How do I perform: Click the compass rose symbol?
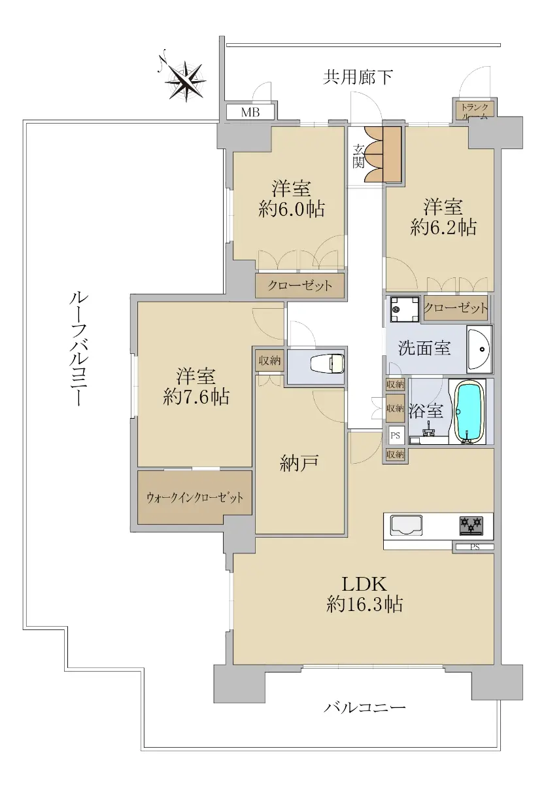point(184,80)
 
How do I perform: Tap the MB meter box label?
point(250,113)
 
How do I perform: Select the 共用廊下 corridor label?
point(358,77)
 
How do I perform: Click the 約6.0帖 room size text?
point(292,209)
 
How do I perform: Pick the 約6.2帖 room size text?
point(443,228)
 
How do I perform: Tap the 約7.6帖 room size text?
point(196,398)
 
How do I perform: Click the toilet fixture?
point(327,364)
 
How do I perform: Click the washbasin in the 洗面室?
point(479,349)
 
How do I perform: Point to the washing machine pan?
point(405,309)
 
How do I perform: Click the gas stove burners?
point(471,525)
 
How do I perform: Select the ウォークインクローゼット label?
point(195,497)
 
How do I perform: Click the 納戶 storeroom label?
point(299,463)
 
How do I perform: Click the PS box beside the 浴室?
point(396,436)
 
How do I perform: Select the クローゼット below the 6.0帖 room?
point(299,286)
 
